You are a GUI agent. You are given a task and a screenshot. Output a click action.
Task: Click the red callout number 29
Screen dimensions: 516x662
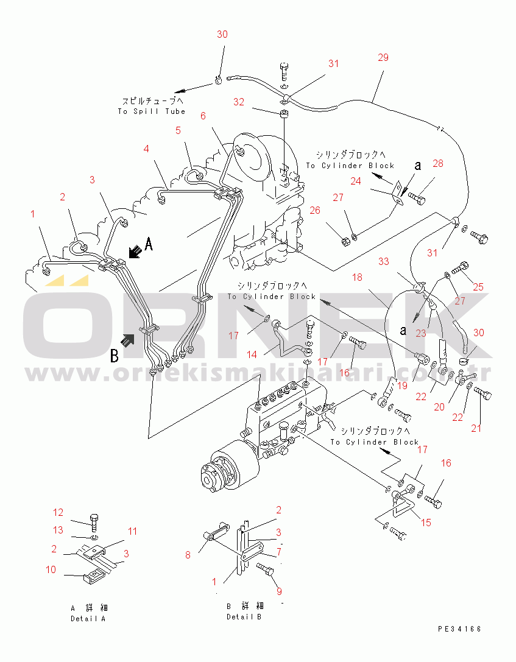(x=383, y=57)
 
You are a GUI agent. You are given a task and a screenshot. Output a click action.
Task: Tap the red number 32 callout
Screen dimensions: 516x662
(x=239, y=102)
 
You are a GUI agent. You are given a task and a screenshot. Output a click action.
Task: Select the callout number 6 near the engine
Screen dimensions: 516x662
(x=203, y=116)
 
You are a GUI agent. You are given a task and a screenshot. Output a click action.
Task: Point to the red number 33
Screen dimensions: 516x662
(x=383, y=261)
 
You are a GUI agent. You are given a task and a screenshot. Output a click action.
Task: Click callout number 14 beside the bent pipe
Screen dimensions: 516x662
(x=252, y=354)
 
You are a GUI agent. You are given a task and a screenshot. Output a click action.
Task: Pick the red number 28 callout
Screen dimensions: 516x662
(x=438, y=163)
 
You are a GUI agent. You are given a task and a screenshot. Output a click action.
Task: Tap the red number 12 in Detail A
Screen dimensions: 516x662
(x=58, y=512)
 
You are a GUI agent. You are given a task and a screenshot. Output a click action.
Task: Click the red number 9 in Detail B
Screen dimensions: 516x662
(x=279, y=591)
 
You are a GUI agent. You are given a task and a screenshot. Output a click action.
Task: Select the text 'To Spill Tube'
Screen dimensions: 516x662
(x=152, y=111)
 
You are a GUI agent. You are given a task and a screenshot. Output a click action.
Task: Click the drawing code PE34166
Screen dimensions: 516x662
(x=459, y=629)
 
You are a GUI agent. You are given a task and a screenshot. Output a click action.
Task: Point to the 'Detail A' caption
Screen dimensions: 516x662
(x=88, y=619)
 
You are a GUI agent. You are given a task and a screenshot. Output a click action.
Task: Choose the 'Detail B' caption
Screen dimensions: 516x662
(x=244, y=617)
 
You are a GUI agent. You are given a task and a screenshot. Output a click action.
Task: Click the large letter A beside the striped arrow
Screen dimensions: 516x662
(x=149, y=244)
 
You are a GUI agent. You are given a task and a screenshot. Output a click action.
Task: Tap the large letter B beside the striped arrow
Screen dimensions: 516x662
(x=115, y=355)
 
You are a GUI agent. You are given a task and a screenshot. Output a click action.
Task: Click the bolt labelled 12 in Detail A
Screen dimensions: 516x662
(x=94, y=523)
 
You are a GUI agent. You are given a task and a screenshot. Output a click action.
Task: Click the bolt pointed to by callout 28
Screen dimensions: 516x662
(x=417, y=197)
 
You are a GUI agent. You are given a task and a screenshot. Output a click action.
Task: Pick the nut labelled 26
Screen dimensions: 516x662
(x=345, y=241)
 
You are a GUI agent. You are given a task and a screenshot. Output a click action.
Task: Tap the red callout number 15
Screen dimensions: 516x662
(x=426, y=523)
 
